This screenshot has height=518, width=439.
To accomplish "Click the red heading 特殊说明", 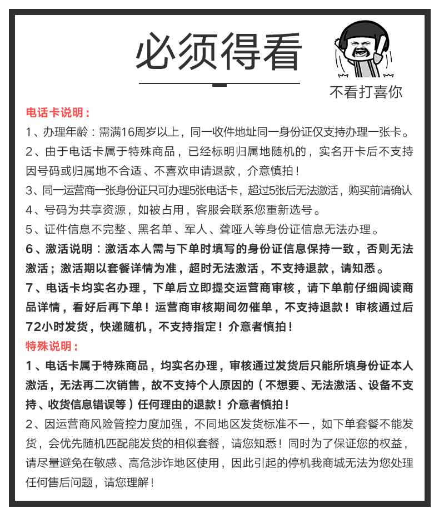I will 52,346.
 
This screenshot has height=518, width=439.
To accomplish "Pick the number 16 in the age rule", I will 127,132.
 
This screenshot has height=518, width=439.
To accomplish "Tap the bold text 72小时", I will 47,327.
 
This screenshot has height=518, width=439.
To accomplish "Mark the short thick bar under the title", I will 219,85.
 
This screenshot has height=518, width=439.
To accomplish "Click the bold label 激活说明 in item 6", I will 68,249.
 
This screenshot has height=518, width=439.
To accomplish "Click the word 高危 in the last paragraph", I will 141,463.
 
